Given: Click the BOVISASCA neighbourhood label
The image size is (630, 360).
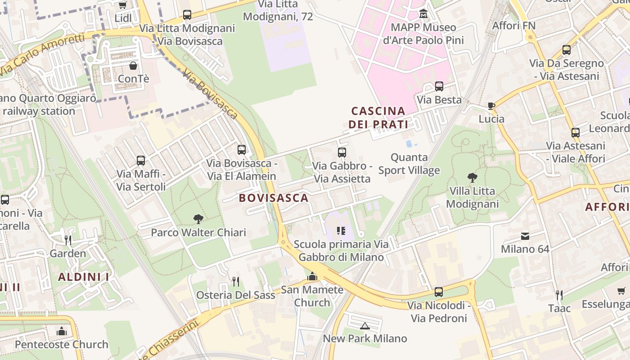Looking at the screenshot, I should pyautogui.click(x=274, y=198).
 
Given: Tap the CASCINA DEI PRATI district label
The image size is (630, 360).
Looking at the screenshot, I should pyautogui.click(x=378, y=117).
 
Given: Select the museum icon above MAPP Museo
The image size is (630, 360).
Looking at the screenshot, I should pyautogui.click(x=423, y=14).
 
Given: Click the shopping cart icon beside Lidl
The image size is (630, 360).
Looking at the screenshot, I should pyautogui.click(x=122, y=5).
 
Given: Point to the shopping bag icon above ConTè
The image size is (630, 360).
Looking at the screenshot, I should pyautogui.click(x=133, y=66).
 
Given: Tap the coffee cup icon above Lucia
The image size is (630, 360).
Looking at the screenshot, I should pyautogui.click(x=491, y=106).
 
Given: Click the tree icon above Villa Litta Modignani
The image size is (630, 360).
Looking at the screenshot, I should pyautogui.click(x=472, y=178).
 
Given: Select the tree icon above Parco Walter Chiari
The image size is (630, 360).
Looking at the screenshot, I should pyautogui.click(x=198, y=219).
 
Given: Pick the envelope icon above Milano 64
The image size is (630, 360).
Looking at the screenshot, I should pyautogui.click(x=525, y=236).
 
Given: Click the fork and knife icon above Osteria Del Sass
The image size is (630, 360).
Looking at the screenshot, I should pyautogui.click(x=236, y=282).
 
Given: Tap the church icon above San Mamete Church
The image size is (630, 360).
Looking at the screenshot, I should pyautogui.click(x=312, y=276).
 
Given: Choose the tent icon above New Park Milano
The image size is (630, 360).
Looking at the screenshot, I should pyautogui.click(x=365, y=325).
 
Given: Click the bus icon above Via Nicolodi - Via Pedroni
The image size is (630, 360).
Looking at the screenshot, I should pyautogui.click(x=439, y=292).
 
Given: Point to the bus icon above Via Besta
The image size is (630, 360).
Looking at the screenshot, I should pyautogui.click(x=439, y=86).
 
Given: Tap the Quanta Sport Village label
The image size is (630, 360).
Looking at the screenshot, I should pyautogui.click(x=409, y=164).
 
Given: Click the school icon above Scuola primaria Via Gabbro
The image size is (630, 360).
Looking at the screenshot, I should pyautogui.click(x=341, y=231).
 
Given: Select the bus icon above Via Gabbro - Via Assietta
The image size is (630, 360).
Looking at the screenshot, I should pyautogui.click(x=342, y=153).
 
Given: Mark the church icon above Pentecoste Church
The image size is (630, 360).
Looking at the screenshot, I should pyautogui.click(x=62, y=332).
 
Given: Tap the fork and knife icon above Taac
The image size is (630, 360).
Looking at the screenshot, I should pyautogui.click(x=559, y=295).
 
